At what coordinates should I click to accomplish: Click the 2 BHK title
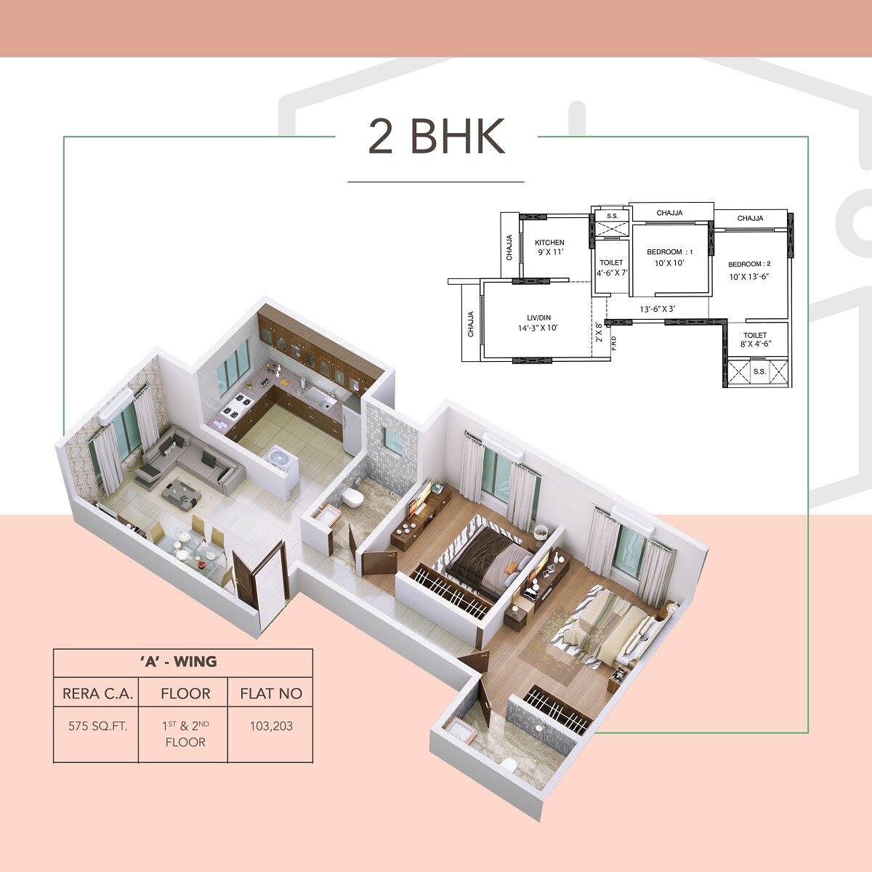tap(436, 137)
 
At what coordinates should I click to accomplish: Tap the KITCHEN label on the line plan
tap(549, 243)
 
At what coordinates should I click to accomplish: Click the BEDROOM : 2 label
tap(749, 264)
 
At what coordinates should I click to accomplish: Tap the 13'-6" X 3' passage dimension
tap(658, 310)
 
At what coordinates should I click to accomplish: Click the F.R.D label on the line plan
tap(614, 341)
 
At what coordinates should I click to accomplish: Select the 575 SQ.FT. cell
tap(97, 726)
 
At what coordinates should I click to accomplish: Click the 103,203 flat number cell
tap(271, 726)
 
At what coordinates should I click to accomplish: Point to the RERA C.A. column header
tap(97, 693)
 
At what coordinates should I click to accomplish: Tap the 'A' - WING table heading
tap(183, 661)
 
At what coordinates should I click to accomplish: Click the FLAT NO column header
tap(271, 693)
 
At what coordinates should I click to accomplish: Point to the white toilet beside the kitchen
tap(354, 497)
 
